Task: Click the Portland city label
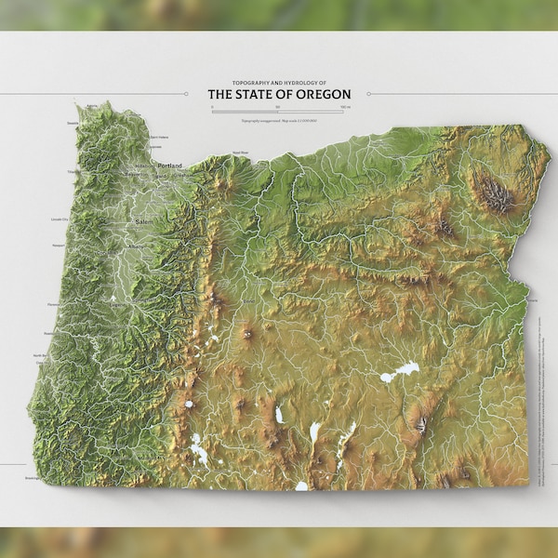[x=170, y=166]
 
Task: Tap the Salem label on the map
[x=144, y=223]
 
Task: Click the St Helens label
[x=159, y=137]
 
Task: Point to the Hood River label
[x=241, y=152]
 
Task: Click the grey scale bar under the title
[x=279, y=110]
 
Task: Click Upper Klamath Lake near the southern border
[x=198, y=452]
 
